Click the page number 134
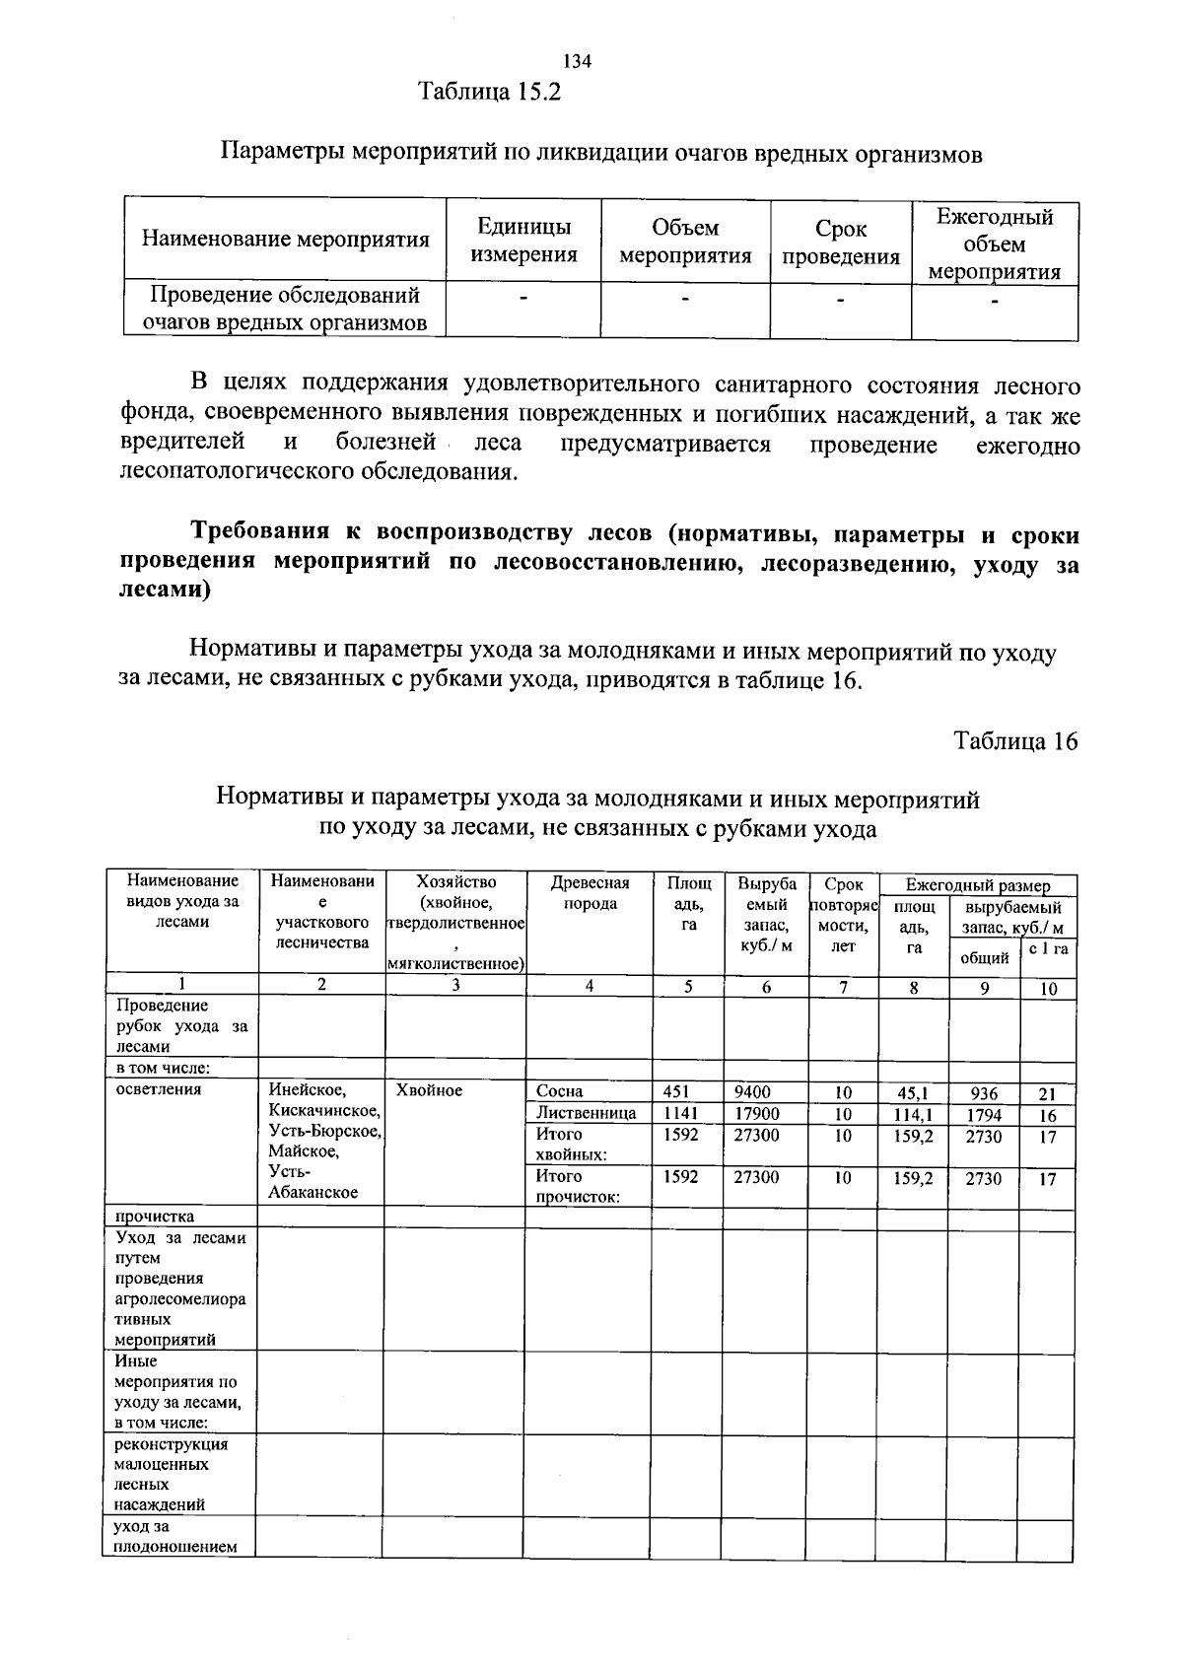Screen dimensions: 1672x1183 pyautogui.click(x=577, y=62)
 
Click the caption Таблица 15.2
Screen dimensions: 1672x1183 pyautogui.click(x=490, y=93)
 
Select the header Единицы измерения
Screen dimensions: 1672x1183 pyautogui.click(x=523, y=242)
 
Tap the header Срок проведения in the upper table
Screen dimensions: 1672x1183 pyautogui.click(x=841, y=244)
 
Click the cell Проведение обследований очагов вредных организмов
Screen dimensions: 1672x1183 pyautogui.click(x=285, y=309)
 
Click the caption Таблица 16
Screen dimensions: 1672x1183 pyautogui.click(x=1015, y=741)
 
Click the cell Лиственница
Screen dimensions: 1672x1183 pyautogui.click(x=586, y=1113)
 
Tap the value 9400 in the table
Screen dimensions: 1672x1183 pyautogui.click(x=752, y=1091)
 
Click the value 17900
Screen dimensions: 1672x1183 pyautogui.click(x=756, y=1113)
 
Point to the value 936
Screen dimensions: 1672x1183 pyautogui.click(x=983, y=1093)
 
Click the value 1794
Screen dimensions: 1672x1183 pyautogui.click(x=983, y=1115)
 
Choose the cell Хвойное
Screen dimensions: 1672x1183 pyautogui.click(x=429, y=1090)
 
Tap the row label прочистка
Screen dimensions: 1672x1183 pyautogui.click(x=155, y=1217)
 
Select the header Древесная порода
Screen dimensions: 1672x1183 pyautogui.click(x=590, y=892)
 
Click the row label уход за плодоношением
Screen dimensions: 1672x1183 pyautogui.click(x=175, y=1537)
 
